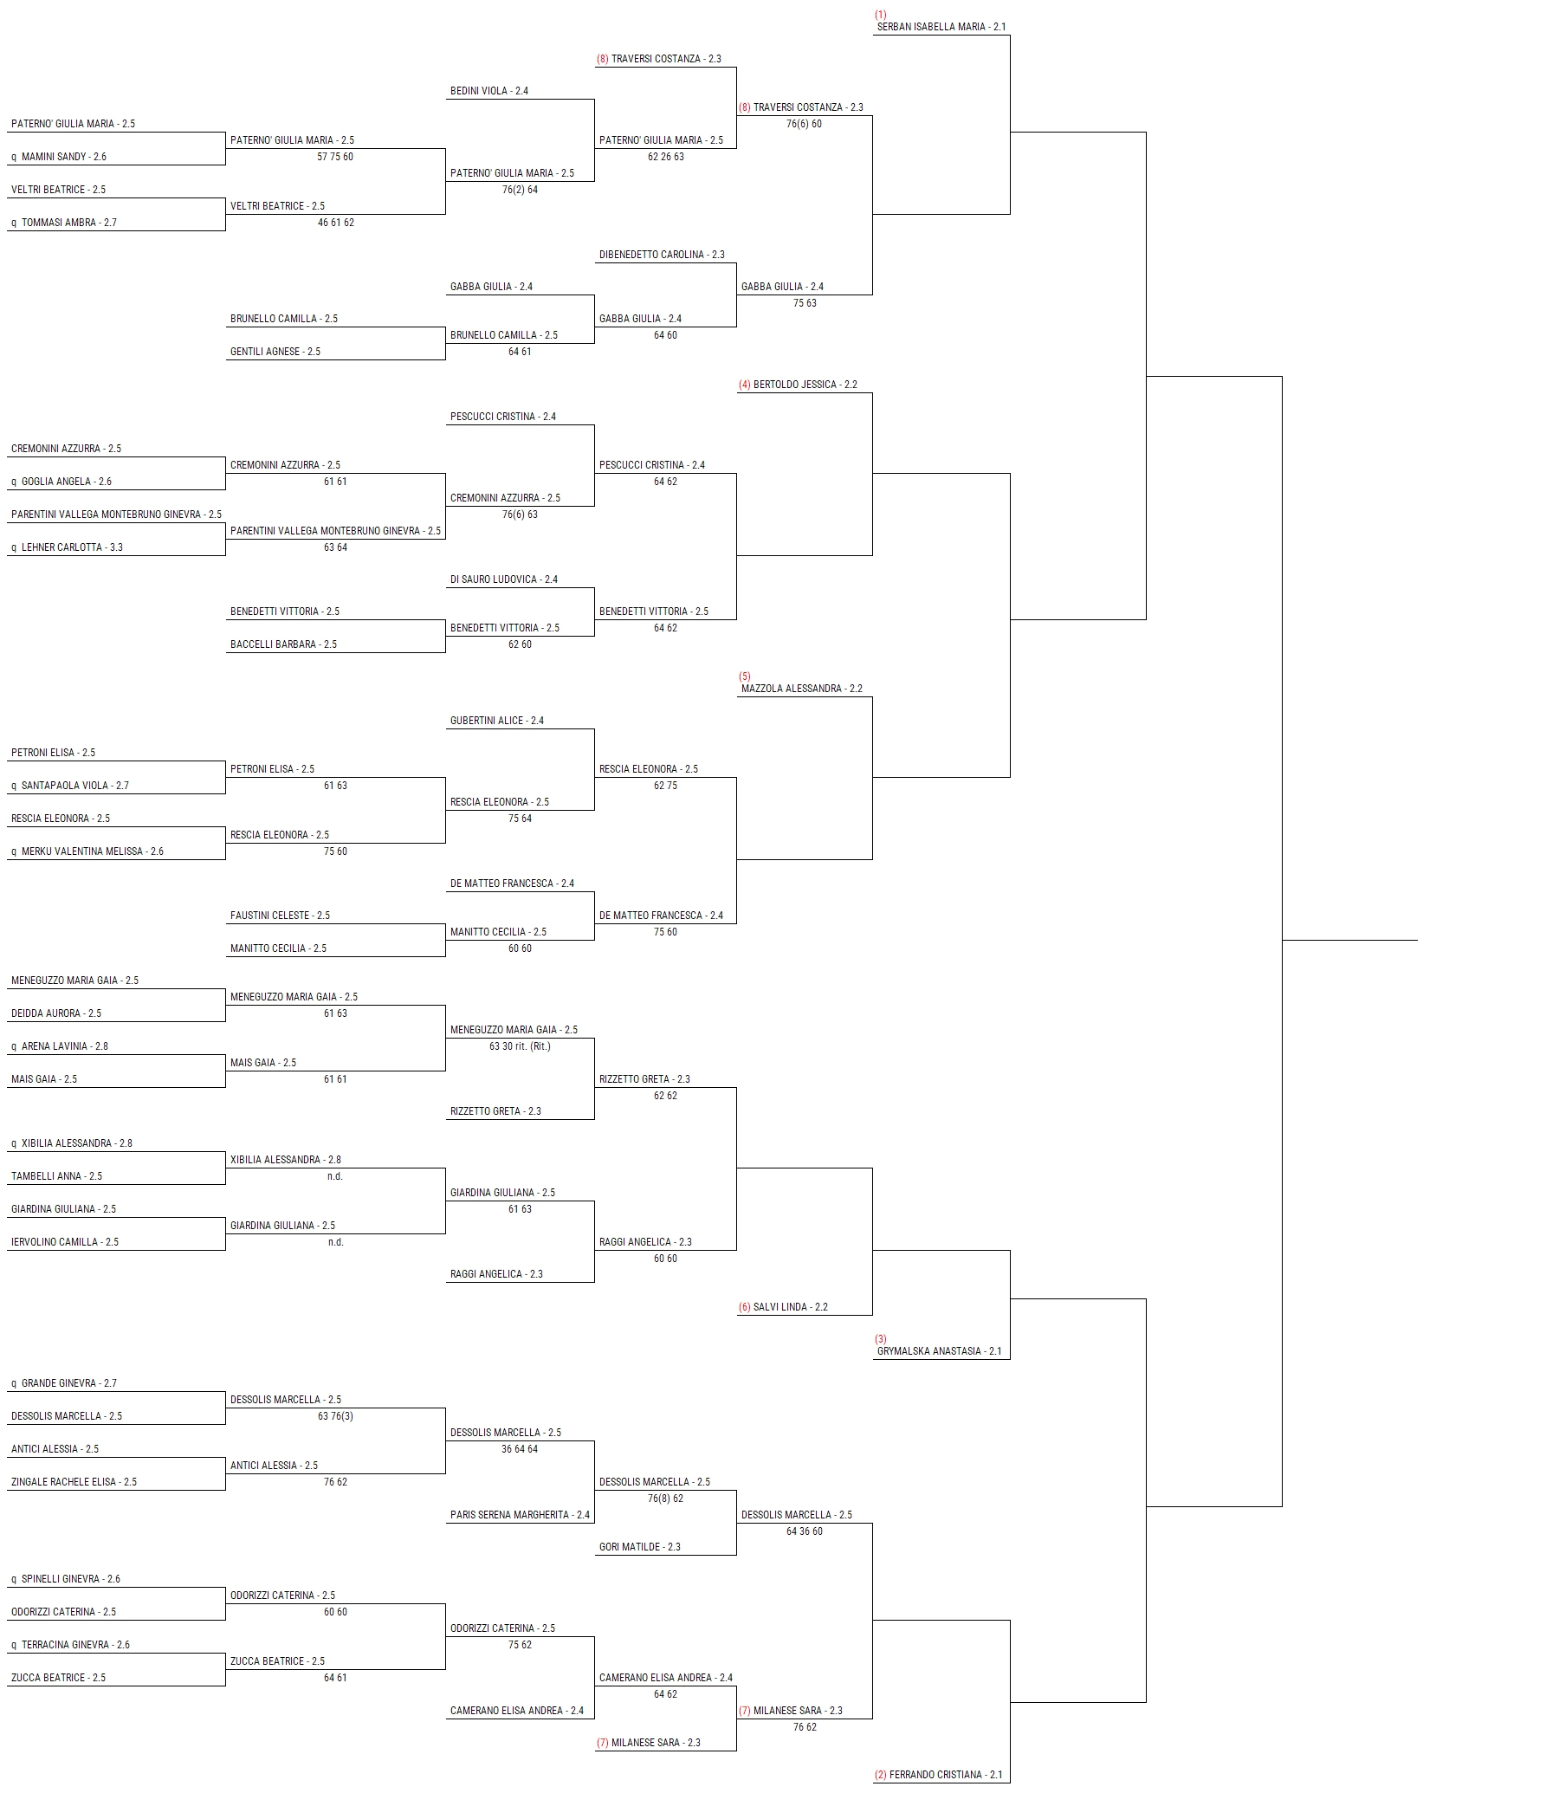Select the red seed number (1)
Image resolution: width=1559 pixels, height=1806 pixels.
[x=880, y=15]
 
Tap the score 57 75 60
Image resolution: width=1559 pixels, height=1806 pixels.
[x=335, y=157]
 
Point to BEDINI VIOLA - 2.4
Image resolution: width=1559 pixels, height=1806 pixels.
[x=488, y=91]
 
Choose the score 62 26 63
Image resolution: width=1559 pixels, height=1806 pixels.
[x=666, y=157]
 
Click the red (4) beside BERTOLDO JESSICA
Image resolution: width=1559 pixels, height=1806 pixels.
[x=744, y=385]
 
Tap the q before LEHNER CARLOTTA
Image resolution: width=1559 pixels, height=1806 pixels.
[x=14, y=548]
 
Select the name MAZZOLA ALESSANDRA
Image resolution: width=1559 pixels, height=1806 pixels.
[x=792, y=689]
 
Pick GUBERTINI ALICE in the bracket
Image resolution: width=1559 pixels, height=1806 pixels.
[x=487, y=721]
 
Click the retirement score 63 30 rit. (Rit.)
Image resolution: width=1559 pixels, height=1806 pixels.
[x=521, y=1046]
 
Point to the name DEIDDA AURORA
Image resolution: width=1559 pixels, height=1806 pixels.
[x=45, y=1013]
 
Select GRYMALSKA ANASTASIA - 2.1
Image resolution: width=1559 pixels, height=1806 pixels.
[x=940, y=1351]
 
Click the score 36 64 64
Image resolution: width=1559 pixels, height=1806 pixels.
[x=521, y=1449]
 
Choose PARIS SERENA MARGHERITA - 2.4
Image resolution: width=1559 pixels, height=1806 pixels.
[x=521, y=1515]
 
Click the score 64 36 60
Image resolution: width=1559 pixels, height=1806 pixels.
[x=805, y=1531]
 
